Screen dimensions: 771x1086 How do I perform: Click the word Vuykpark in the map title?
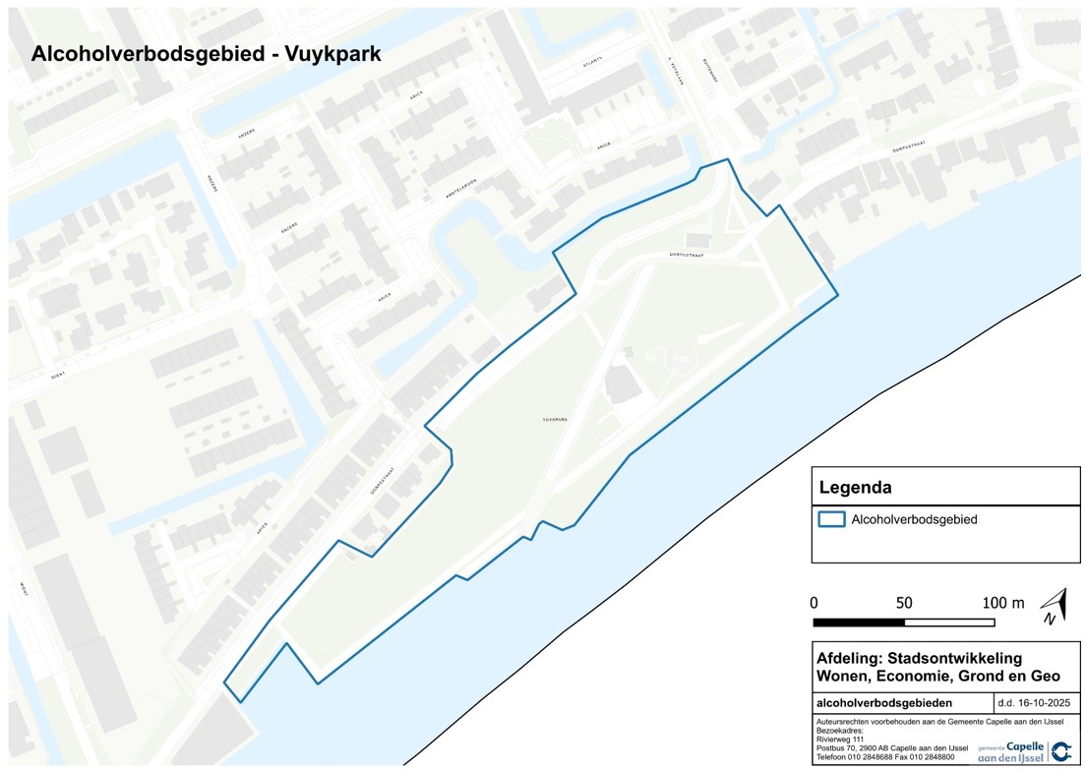click(332, 54)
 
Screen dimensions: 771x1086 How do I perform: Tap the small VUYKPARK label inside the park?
click(556, 419)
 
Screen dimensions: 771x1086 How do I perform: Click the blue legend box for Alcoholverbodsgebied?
click(831, 519)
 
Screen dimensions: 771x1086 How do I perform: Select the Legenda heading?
click(856, 487)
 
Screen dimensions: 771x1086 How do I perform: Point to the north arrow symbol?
click(1054, 607)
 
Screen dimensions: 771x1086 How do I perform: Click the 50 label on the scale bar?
click(904, 603)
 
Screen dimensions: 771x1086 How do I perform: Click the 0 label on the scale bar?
click(814, 603)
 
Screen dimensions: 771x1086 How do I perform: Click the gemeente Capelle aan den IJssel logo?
click(1024, 752)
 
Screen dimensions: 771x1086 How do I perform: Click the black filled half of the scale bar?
click(859, 622)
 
